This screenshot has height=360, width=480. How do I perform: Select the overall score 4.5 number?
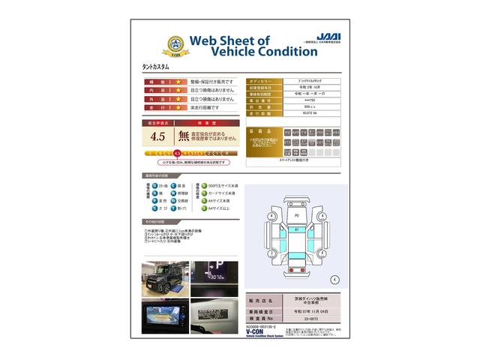pyautogui.click(x=158, y=136)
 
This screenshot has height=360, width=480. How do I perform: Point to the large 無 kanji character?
pyautogui.click(x=184, y=136)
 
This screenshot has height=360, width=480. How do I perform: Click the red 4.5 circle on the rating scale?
pyautogui.click(x=178, y=153)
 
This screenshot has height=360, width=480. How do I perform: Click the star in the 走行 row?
pyautogui.click(x=178, y=107)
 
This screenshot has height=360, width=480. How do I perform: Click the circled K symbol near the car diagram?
pyautogui.click(x=334, y=279)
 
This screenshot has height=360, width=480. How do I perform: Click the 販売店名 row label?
pyautogui.click(x=262, y=300)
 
